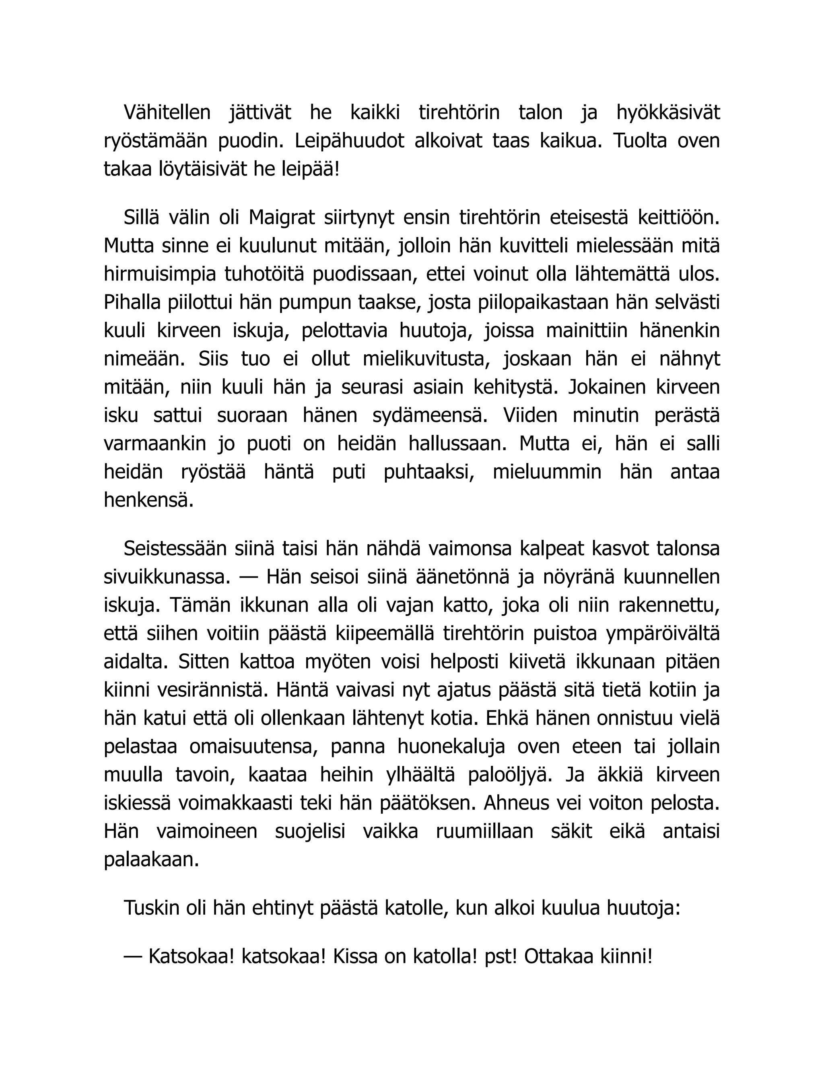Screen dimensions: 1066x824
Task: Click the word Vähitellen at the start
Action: tap(167, 113)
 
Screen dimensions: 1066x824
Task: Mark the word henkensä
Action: tap(149, 501)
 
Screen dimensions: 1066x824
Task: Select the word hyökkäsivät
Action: tap(668, 113)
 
